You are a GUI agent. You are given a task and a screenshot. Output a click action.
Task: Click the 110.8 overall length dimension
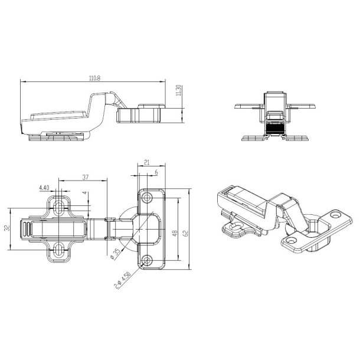(95, 78)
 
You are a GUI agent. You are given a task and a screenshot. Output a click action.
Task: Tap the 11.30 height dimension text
(179, 90)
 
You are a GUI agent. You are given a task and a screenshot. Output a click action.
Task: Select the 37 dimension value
(86, 177)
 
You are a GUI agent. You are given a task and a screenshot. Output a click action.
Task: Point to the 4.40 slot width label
(44, 188)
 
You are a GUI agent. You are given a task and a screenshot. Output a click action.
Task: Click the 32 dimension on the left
(7, 228)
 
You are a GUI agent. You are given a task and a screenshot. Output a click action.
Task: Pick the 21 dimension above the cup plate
(146, 162)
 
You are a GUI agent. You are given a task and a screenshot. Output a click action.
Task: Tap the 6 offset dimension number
(156, 172)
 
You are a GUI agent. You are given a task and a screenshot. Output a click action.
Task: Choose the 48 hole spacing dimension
(175, 233)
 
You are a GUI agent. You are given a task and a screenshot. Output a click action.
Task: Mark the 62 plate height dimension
(185, 233)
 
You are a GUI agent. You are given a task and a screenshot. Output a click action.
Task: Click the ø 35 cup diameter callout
(116, 254)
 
